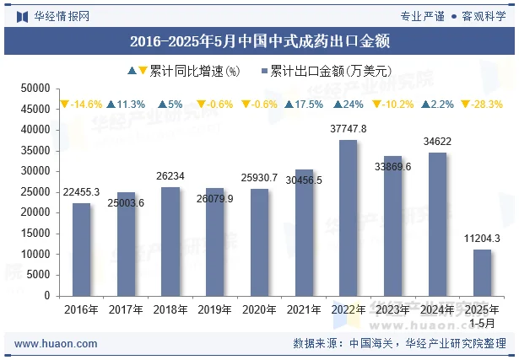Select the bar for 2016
coord(81,250)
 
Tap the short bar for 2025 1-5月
coord(481,272)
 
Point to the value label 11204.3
coord(481,239)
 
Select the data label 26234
coord(170,176)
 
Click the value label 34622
coord(437,142)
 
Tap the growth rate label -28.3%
coord(481,105)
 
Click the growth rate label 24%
coord(348,105)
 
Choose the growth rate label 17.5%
coord(304,105)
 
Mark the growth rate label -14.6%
coord(82,105)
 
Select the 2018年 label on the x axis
coord(170,309)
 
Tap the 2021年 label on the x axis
coord(304,309)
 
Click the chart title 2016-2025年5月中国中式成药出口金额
coord(259,40)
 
